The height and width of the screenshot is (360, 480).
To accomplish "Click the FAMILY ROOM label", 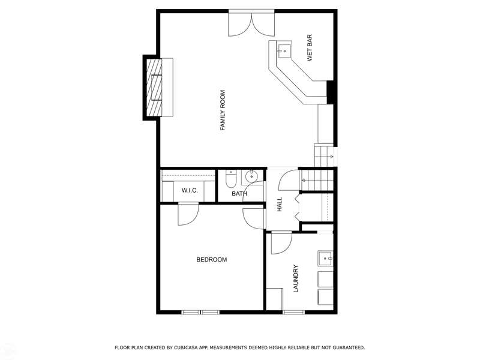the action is [223, 110].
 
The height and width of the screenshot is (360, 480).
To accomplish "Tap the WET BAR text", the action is [310, 48].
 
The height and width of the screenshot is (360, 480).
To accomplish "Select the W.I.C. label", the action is [190, 190].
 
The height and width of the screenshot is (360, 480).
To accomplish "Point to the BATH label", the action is [239, 193].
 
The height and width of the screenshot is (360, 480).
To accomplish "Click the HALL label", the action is [280, 205].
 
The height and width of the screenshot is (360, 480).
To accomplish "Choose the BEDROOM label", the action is [212, 260].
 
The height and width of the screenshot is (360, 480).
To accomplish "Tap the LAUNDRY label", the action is [296, 278].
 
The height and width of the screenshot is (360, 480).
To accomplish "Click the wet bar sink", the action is [284, 51].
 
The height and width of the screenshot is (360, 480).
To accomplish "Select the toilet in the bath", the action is [230, 179].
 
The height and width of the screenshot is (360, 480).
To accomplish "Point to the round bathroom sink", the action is [251, 176].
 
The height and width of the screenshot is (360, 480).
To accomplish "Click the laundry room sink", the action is [325, 259].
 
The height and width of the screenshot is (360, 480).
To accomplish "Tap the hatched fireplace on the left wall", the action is [154, 88].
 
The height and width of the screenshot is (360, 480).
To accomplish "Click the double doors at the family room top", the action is [251, 25].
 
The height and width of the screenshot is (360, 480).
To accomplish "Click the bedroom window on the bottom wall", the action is [200, 312].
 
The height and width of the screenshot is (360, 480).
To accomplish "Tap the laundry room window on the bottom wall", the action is [293, 312].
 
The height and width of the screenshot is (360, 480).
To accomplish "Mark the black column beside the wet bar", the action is [331, 92].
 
